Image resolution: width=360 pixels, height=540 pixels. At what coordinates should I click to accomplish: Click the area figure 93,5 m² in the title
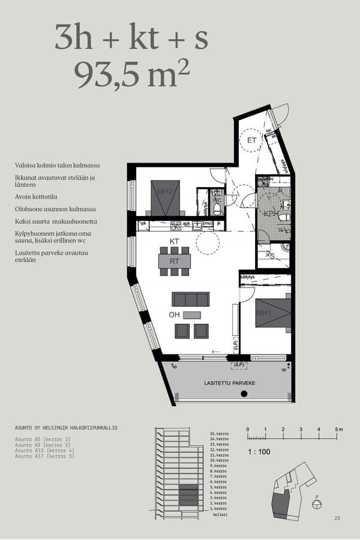click(x=131, y=74)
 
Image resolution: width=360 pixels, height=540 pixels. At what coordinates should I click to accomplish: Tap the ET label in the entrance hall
click(x=252, y=140)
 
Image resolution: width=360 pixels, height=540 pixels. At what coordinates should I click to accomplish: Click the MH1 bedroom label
click(x=264, y=313)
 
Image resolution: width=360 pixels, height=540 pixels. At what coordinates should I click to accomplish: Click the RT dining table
click(x=175, y=261)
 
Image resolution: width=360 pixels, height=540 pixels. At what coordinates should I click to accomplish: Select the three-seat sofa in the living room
click(x=191, y=299)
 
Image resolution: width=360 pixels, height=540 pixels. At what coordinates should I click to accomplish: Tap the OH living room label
click(x=174, y=315)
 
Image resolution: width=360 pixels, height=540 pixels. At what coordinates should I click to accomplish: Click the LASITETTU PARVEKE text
click(x=230, y=383)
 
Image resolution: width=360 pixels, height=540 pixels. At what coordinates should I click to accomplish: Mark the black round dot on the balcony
click(x=244, y=394)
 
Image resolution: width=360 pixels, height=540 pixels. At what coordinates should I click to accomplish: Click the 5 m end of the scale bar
click(x=338, y=430)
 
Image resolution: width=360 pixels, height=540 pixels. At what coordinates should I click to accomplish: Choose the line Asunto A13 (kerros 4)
click(x=44, y=451)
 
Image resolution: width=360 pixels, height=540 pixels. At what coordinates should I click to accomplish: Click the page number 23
click(x=337, y=518)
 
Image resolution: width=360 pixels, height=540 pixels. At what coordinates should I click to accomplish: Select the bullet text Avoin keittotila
click(x=40, y=196)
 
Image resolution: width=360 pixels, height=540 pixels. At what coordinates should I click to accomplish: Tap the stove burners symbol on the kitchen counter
click(x=176, y=225)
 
